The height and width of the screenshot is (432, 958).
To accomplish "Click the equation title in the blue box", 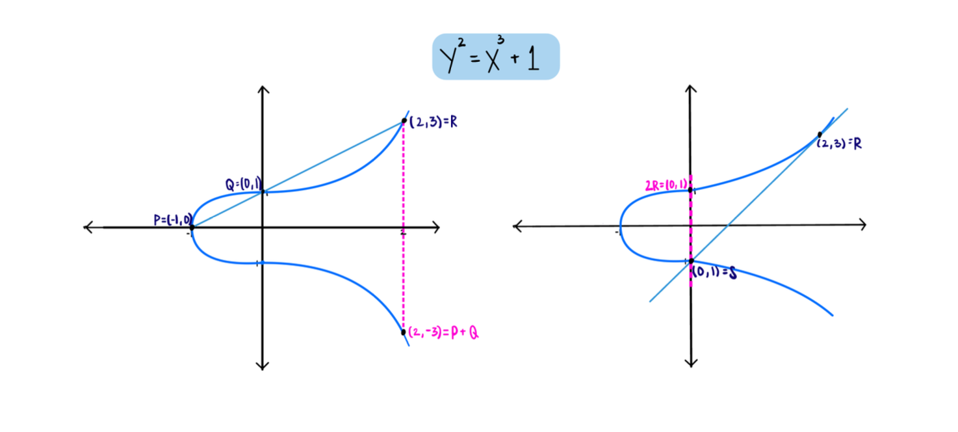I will (x=496, y=57).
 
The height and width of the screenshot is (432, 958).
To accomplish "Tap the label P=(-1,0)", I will (x=173, y=219).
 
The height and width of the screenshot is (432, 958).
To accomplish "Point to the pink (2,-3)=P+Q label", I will (x=447, y=333).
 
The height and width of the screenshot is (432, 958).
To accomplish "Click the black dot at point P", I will (x=191, y=228).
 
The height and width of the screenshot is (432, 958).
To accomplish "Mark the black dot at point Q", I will (x=262, y=191).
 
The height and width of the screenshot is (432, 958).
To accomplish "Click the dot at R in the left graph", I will (x=404, y=120).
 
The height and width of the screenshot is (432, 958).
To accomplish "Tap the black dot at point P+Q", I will (x=404, y=332).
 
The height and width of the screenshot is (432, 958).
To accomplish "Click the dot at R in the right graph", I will (x=820, y=135).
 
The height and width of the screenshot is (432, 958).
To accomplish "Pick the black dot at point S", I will (x=691, y=261).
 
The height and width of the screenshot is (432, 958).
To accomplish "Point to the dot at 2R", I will (x=690, y=190).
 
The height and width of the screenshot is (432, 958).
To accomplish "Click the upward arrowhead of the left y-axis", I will (x=262, y=88).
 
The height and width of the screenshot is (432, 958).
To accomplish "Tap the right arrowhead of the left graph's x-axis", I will (x=437, y=228).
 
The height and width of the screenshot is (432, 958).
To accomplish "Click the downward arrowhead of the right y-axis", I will (x=691, y=363).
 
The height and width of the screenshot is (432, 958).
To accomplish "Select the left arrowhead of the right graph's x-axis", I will (x=517, y=226).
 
